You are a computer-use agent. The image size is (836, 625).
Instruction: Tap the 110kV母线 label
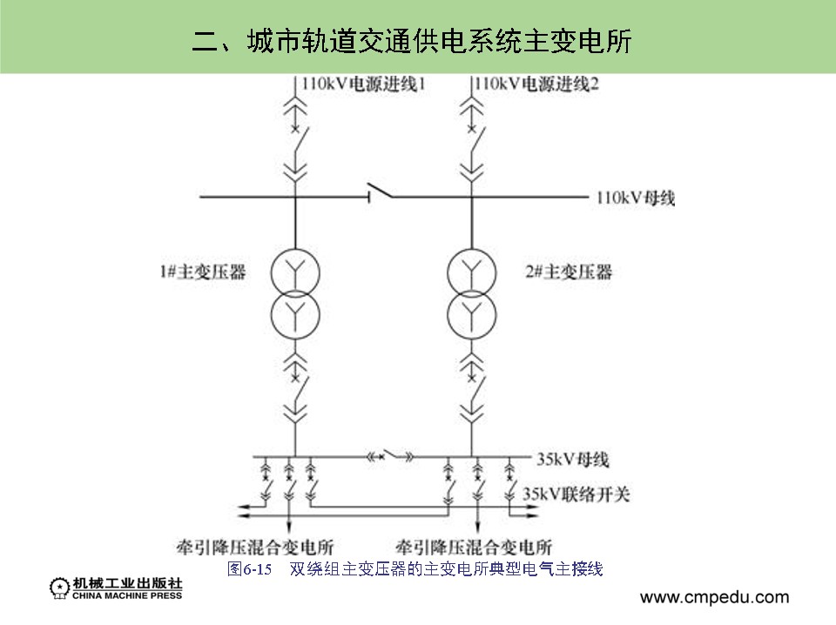tap(636, 198)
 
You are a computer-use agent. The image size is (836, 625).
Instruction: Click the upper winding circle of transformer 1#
tap(295, 272)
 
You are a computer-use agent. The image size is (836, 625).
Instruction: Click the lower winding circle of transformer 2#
tap(472, 312)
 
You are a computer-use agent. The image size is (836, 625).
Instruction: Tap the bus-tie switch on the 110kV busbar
tap(379, 192)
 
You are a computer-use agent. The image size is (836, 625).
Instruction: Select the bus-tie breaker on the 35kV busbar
tap(391, 455)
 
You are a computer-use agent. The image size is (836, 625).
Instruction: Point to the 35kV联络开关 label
tap(576, 494)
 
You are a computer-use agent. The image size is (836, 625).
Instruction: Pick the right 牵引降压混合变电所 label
tap(474, 548)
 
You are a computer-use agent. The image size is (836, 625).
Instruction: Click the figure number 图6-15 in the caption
tap(250, 569)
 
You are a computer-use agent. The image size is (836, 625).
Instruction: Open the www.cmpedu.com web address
tap(714, 597)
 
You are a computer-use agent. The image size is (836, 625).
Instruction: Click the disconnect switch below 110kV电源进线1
tap(296, 156)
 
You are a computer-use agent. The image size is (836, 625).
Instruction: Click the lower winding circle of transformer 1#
tap(295, 312)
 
